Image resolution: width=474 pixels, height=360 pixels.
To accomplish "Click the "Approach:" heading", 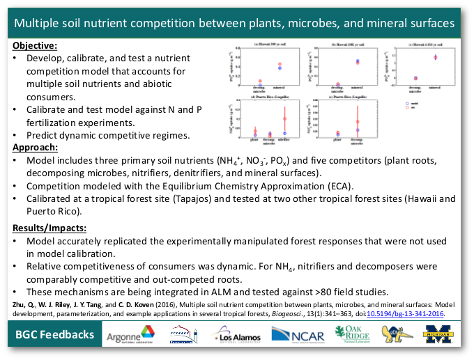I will pyautogui.click(x=35, y=148).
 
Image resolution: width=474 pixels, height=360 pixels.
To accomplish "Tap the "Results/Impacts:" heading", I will pyautogui.click(x=49, y=228).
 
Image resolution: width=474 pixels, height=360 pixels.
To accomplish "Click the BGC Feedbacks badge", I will pyautogui.click(x=55, y=335).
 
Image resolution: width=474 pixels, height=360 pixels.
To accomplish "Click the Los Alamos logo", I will pyautogui.click(x=238, y=336).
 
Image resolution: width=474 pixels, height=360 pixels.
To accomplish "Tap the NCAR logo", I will pyautogui.click(x=297, y=336).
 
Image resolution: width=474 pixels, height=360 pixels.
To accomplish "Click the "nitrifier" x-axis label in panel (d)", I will pyautogui.click(x=284, y=140).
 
